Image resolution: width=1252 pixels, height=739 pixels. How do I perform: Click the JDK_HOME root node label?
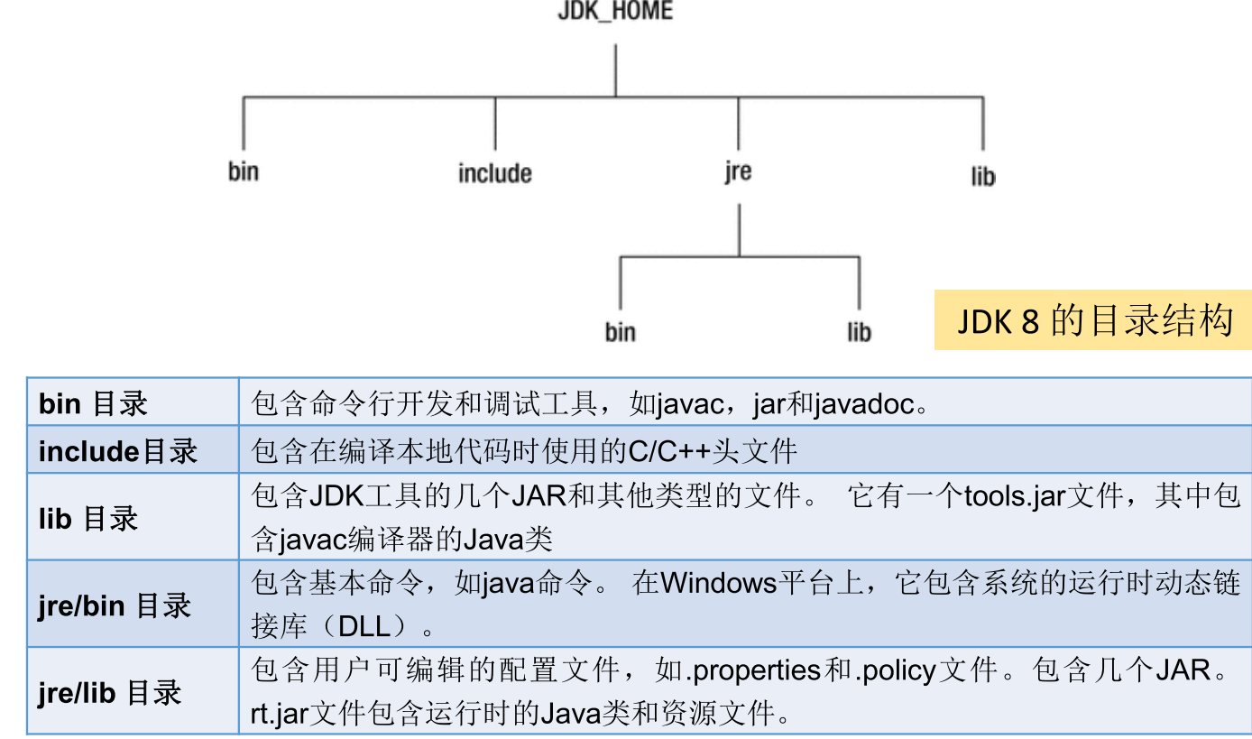click(615, 13)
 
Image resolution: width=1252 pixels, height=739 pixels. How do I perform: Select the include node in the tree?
click(494, 173)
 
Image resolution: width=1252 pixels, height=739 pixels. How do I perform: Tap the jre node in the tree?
click(737, 171)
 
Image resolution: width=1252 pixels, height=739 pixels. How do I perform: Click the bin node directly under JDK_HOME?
click(244, 171)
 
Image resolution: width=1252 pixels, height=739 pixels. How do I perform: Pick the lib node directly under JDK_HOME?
click(982, 175)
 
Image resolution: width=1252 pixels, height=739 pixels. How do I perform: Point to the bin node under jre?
click(620, 332)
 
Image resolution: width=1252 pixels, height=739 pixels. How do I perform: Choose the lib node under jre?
click(859, 332)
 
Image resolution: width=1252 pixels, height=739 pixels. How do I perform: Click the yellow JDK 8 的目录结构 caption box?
click(1093, 320)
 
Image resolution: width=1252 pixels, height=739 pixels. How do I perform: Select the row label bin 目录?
click(93, 403)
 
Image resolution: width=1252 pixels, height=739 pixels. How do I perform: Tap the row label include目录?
click(117, 450)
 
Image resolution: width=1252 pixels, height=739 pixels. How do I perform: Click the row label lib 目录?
click(88, 519)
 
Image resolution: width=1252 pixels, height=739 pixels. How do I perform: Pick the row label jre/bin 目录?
click(115, 605)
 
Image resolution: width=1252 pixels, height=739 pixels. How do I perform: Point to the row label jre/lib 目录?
click(110, 693)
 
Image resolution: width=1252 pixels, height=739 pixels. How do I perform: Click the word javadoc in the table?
click(864, 404)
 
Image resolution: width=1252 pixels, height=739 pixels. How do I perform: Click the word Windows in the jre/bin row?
click(718, 583)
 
